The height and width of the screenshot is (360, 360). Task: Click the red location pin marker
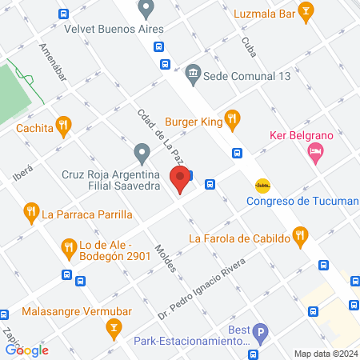[x=181, y=179]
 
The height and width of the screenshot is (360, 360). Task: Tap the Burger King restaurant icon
[x=232, y=119]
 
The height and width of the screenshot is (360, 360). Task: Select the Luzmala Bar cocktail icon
[x=305, y=11]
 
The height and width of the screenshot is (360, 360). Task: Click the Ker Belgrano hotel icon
[x=317, y=152]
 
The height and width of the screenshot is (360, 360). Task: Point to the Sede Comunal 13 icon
[x=193, y=74]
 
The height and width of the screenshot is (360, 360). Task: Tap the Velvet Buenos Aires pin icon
[x=146, y=10]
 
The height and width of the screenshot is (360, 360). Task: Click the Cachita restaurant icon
[x=66, y=126]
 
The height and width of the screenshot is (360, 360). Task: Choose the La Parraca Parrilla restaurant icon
[x=31, y=213]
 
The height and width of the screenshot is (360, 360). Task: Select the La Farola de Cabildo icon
[x=301, y=236]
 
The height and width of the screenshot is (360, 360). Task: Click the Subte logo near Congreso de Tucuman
[x=262, y=186]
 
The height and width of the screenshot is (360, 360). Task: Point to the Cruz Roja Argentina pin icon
[x=142, y=151]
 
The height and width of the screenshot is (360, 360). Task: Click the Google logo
[x=26, y=350]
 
